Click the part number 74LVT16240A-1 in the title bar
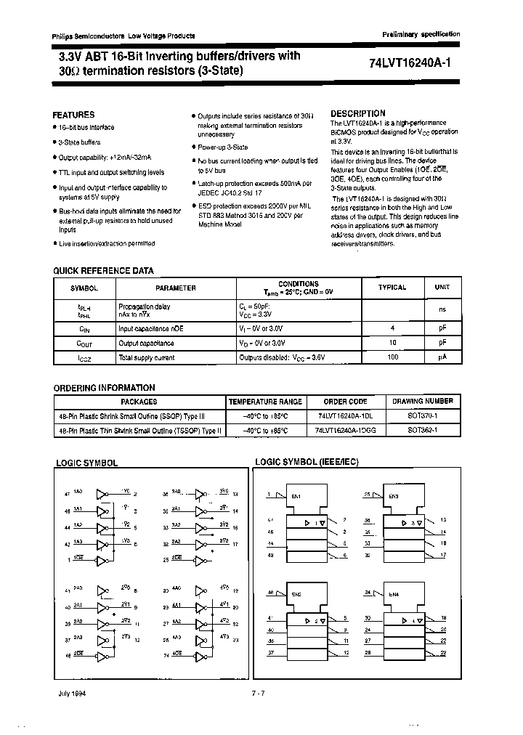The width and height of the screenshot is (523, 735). [415, 63]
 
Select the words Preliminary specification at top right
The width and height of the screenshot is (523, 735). [421, 34]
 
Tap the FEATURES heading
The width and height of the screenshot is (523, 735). [73, 115]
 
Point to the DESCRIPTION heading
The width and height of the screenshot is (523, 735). [358, 113]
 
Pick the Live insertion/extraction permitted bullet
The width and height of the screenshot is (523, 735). [107, 244]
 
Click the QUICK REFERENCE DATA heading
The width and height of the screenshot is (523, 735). [104, 271]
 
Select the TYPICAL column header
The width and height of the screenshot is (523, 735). [392, 288]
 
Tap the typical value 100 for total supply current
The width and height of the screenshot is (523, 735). [392, 357]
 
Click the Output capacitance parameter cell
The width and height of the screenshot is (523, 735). [146, 343]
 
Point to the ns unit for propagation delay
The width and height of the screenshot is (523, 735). [442, 310]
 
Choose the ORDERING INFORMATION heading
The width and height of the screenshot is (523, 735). [104, 388]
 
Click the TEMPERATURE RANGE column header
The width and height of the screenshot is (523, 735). [265, 402]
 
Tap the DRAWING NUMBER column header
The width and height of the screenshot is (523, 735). [422, 402]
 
